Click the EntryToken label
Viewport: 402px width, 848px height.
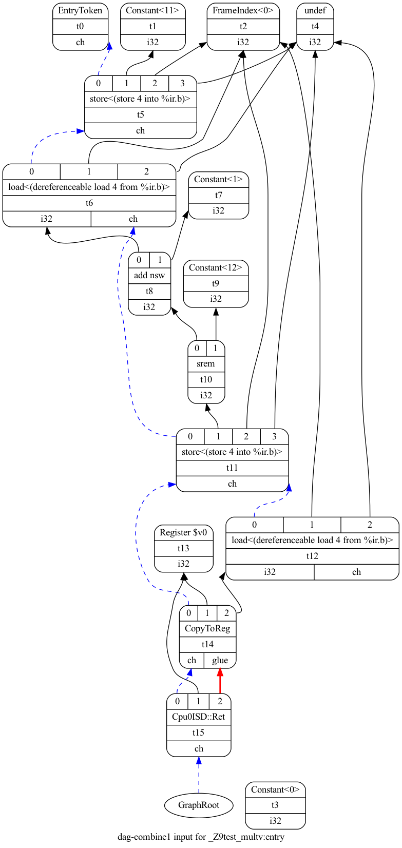click(x=80, y=10)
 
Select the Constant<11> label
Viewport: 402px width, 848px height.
click(x=152, y=10)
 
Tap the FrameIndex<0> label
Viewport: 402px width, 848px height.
click(x=243, y=10)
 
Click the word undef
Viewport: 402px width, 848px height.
click(x=315, y=10)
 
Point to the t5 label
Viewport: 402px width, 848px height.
click(x=141, y=114)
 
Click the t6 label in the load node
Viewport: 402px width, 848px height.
click(x=89, y=203)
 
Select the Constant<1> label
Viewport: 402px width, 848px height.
click(x=219, y=179)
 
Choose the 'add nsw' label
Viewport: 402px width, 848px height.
click(x=149, y=275)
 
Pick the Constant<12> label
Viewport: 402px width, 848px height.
click(x=216, y=267)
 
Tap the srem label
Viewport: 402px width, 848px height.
click(x=206, y=363)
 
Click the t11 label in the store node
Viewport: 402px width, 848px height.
click(x=232, y=468)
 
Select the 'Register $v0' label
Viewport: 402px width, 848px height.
click(x=183, y=532)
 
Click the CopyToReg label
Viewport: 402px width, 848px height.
click(x=207, y=628)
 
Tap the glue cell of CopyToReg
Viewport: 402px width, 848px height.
click(x=220, y=660)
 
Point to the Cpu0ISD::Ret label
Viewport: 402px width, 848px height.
click(x=199, y=717)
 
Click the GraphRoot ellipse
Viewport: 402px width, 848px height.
click(x=199, y=805)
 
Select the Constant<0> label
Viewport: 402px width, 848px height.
click(x=275, y=789)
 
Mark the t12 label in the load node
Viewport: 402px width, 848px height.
click(x=312, y=556)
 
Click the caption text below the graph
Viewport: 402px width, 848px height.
click(x=201, y=837)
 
